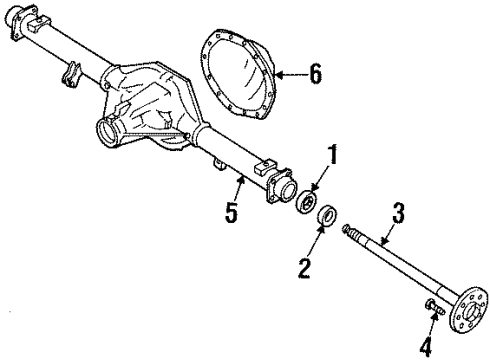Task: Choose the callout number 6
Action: click(315, 73)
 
